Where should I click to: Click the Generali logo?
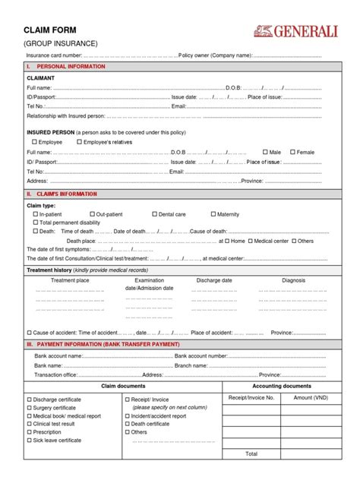(297, 31)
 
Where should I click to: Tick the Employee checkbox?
(34, 142)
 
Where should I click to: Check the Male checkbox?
(264, 152)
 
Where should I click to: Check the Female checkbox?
(291, 152)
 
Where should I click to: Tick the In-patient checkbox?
(35, 214)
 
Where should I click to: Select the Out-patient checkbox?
(93, 214)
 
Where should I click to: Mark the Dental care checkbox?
(154, 214)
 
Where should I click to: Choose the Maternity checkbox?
(213, 214)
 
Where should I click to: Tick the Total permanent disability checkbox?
(35, 223)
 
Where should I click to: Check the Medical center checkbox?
(250, 241)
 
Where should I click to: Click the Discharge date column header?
(214, 280)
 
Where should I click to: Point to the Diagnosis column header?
(293, 280)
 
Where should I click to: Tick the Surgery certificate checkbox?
(30, 407)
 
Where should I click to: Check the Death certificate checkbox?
(126, 424)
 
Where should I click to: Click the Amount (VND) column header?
(310, 398)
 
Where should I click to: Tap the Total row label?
(251, 453)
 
